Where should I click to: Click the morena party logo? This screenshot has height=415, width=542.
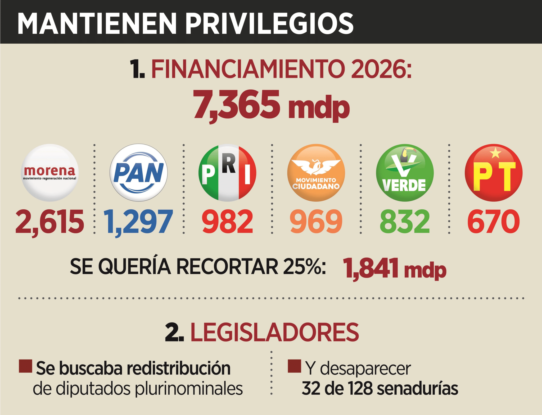click(50, 173)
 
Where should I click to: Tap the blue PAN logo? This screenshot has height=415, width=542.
click(139, 173)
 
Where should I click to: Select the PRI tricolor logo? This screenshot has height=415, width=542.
click(227, 173)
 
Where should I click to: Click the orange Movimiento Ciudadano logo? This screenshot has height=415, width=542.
click(316, 173)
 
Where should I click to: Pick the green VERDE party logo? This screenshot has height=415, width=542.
click(405, 173)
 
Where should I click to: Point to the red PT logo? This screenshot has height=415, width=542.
click(494, 173)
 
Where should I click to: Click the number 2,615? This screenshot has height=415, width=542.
click(50, 222)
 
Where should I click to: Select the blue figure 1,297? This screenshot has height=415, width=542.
click(139, 222)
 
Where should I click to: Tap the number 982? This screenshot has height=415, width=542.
click(227, 222)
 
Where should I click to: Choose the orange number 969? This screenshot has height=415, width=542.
click(316, 222)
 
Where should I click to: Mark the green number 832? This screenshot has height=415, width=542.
click(405, 222)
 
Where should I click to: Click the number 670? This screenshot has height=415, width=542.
click(494, 222)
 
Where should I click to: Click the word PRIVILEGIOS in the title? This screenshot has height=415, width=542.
click(269, 24)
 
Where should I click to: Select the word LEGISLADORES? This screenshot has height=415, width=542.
click(274, 332)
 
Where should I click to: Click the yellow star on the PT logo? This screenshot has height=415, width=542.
click(495, 153)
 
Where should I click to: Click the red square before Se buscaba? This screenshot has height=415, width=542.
click(25, 366)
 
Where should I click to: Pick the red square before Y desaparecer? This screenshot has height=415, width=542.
click(294, 366)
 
